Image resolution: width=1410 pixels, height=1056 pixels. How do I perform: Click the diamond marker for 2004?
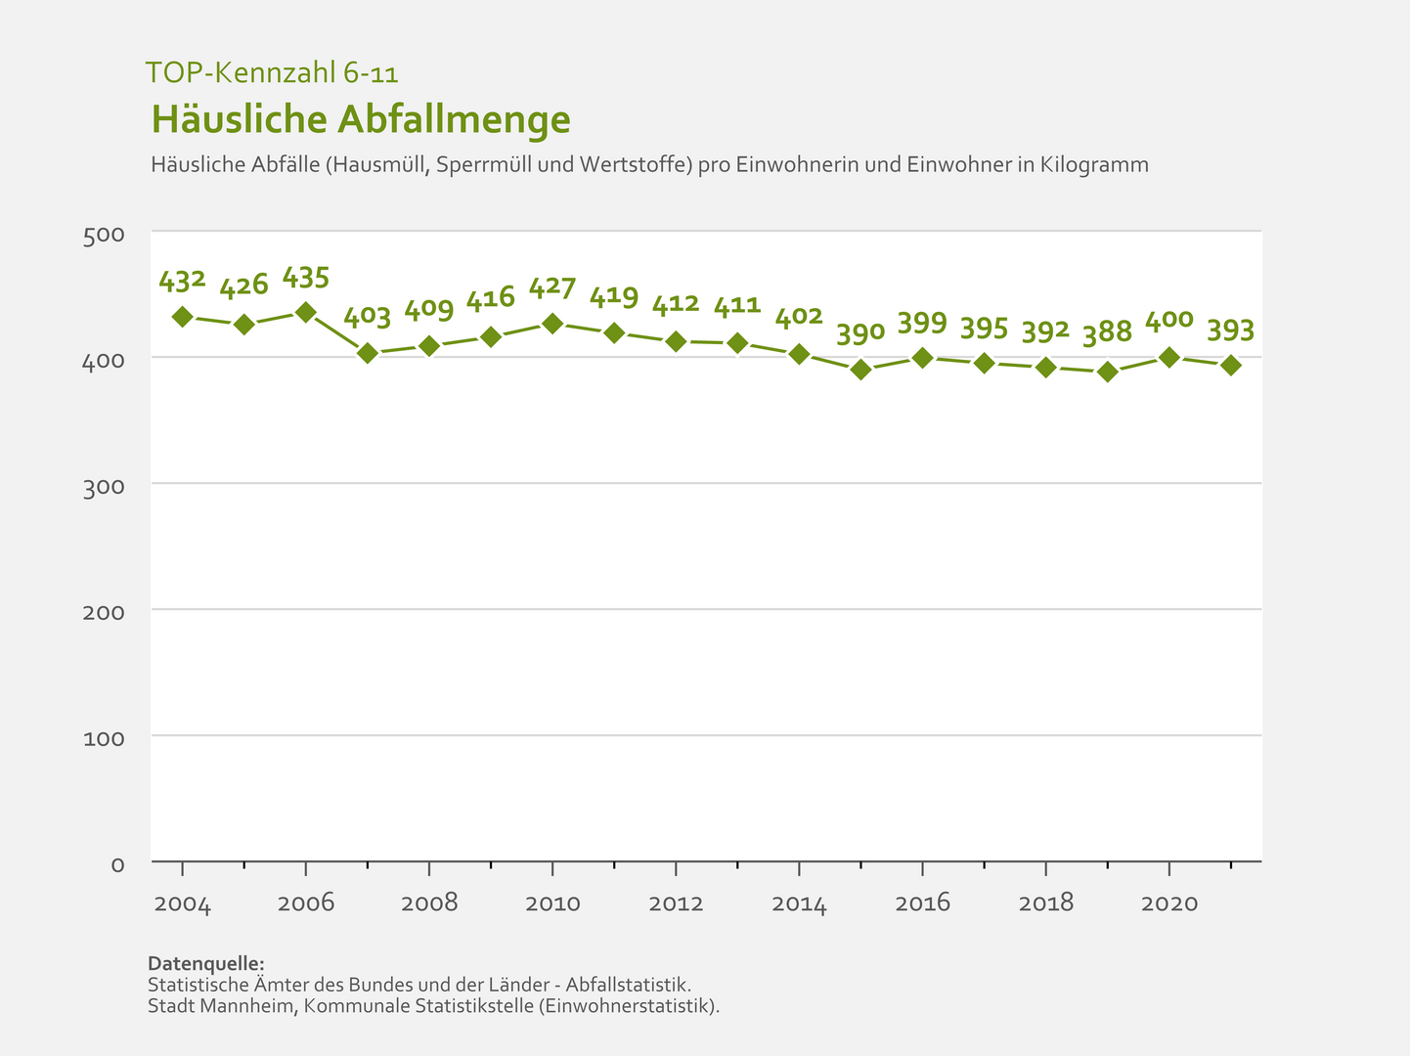[182, 317]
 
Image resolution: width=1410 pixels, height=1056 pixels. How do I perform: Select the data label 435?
[305, 278]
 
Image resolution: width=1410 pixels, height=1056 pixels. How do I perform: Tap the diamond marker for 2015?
[860, 370]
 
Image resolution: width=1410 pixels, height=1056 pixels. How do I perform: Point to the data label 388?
[1107, 332]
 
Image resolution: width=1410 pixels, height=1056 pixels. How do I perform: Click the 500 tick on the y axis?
[105, 235]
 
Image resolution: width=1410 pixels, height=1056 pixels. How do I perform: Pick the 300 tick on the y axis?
[105, 486]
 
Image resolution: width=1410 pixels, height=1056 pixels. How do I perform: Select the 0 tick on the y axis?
[117, 864]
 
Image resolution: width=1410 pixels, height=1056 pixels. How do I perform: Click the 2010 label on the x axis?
[552, 903]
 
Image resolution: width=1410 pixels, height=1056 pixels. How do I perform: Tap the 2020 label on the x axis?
[1169, 903]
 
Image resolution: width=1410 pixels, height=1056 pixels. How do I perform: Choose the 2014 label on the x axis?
[799, 903]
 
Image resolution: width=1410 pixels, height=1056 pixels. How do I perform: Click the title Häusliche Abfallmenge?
[361, 119]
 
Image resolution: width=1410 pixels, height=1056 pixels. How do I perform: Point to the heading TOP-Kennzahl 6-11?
[272, 72]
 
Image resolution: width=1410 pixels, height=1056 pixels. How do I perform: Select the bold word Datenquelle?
[205, 963]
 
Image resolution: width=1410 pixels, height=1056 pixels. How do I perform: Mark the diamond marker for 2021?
[1230, 366]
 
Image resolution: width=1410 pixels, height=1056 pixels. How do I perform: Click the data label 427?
[552, 288]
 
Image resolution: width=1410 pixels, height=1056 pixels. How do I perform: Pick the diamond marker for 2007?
[368, 353]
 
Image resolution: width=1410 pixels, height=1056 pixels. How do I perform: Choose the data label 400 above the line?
[1168, 320]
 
